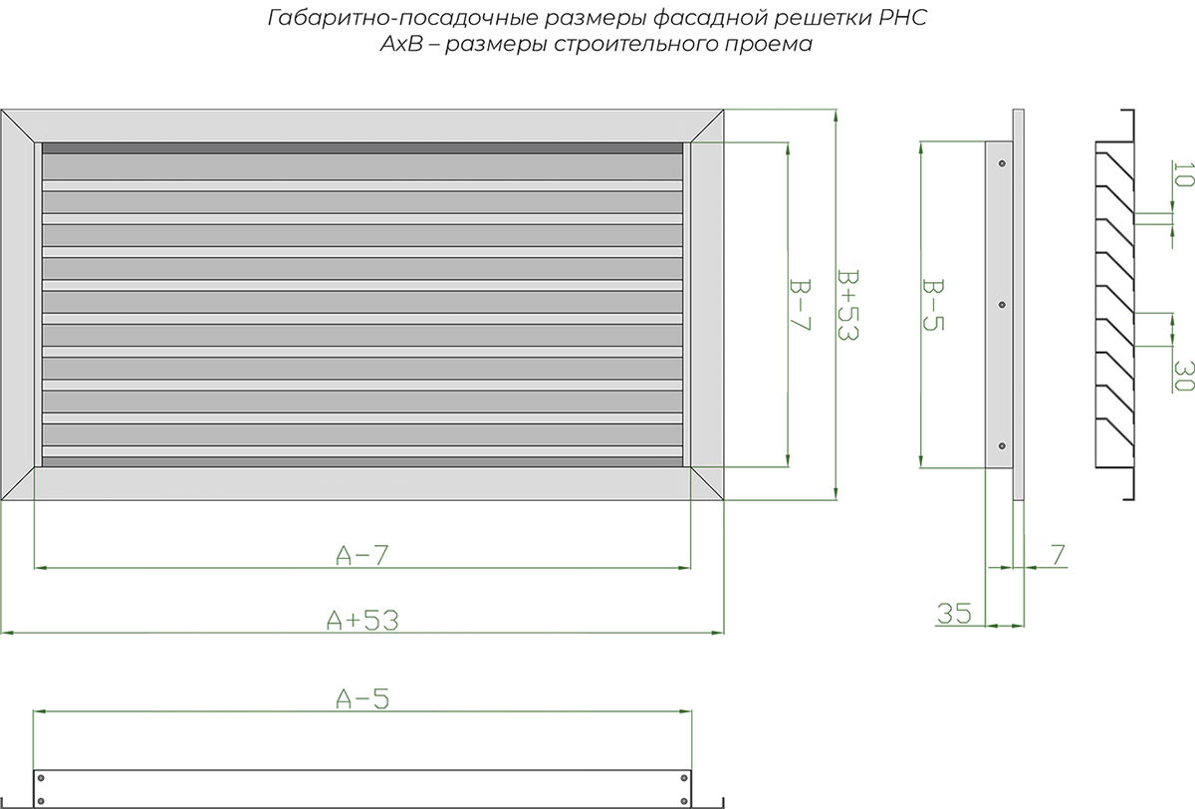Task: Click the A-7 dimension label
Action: pyautogui.click(x=362, y=555)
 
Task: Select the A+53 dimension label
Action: pyautogui.click(x=362, y=620)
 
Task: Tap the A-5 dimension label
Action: pyautogui.click(x=362, y=698)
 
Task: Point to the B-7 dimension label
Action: pyautogui.click(x=800, y=305)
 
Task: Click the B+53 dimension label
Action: pyautogui.click(x=847, y=305)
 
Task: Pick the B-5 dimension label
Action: pyautogui.click(x=933, y=305)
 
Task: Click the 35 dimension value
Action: pyautogui.click(x=954, y=613)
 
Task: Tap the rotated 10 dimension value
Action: pyautogui.click(x=1184, y=174)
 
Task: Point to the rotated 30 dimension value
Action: pyautogui.click(x=1184, y=376)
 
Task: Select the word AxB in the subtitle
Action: pyautogui.click(x=400, y=44)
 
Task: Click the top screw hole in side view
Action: pyautogui.click(x=1002, y=163)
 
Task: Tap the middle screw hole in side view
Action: pyautogui.click(x=1002, y=305)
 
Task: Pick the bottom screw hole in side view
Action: pyautogui.click(x=1002, y=445)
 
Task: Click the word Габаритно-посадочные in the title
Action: pyautogui.click(x=402, y=19)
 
